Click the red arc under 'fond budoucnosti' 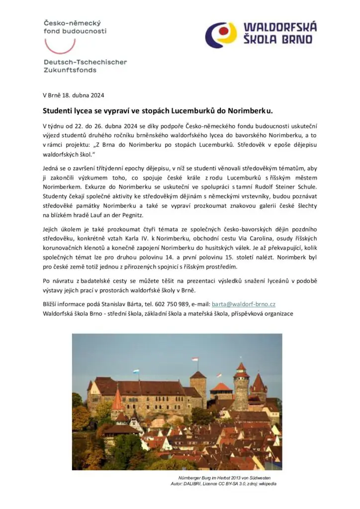pos(60,45)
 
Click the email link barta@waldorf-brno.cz pos(244,304)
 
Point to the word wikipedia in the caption pos(267,484)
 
